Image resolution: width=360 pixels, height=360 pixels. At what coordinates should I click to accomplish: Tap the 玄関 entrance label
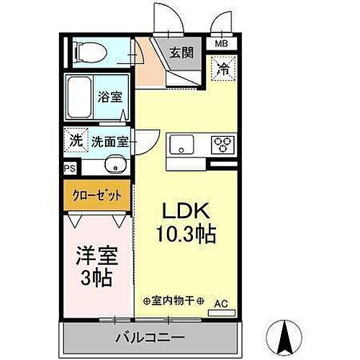181,53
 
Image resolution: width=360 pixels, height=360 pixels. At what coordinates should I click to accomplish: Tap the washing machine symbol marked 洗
76,140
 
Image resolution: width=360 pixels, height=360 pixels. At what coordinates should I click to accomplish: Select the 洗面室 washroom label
109,142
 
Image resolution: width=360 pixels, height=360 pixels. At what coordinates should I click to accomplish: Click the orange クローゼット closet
96,194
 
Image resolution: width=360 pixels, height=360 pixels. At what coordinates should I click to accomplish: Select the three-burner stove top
222,143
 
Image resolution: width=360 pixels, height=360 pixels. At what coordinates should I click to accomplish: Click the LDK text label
184,212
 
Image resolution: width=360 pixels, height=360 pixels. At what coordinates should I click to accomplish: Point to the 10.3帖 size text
184,234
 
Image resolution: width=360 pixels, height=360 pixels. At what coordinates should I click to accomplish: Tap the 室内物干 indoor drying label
173,300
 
